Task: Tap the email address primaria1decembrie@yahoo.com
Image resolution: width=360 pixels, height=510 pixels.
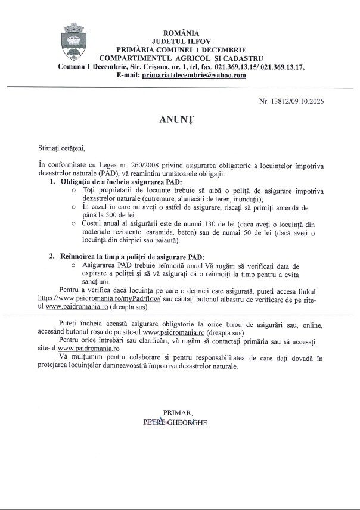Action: pos(194,75)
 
